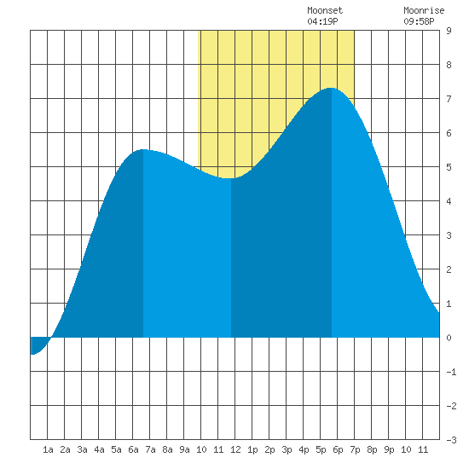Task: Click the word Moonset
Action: (x=325, y=10)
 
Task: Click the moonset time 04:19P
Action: (x=322, y=21)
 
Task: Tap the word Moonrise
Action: (x=424, y=10)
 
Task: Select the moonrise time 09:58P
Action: (x=419, y=21)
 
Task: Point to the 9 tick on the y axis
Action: (x=449, y=31)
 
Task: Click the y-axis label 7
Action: (x=449, y=99)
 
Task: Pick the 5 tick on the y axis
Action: (x=449, y=167)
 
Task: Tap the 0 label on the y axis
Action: (x=449, y=338)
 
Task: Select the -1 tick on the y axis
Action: (x=451, y=372)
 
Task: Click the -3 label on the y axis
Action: (x=451, y=440)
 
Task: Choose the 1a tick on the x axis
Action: (x=48, y=449)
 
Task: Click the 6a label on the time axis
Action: (x=133, y=449)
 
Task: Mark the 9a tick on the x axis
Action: (x=184, y=449)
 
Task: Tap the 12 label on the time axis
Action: (x=235, y=449)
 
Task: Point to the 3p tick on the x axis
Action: (x=287, y=449)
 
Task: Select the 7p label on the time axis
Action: (x=355, y=449)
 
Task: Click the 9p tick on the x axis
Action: (x=389, y=449)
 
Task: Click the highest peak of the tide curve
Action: (x=331, y=88)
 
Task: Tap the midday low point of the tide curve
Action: (x=230, y=178)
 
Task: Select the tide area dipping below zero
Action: (x=38, y=345)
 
